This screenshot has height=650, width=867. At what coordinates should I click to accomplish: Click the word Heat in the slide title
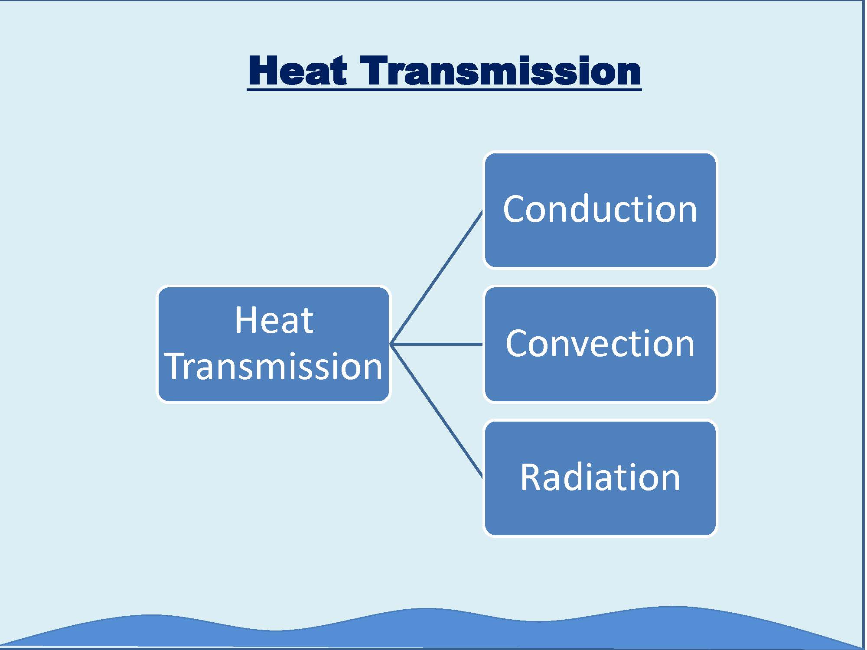[x=298, y=71]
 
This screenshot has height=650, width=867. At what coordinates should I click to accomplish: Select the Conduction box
[x=600, y=210]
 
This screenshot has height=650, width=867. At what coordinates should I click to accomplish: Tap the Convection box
[x=600, y=344]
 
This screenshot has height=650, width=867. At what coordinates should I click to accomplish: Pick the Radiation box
[x=600, y=478]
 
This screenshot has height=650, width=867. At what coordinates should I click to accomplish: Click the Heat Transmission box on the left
[x=274, y=344]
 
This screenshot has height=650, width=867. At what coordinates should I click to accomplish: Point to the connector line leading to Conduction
[x=437, y=277]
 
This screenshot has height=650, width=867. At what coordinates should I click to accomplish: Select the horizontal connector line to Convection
[x=437, y=344]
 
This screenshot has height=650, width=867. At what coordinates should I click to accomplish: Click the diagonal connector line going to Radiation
[x=437, y=411]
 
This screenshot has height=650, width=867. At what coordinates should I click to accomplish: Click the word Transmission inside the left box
[x=274, y=367]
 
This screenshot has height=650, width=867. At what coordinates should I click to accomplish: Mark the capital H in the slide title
[x=263, y=71]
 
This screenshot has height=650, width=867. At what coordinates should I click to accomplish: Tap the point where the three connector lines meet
[x=390, y=344]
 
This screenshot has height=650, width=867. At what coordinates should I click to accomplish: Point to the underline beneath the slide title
[x=444, y=89]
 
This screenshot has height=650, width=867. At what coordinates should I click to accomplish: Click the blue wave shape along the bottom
[x=433, y=628]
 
